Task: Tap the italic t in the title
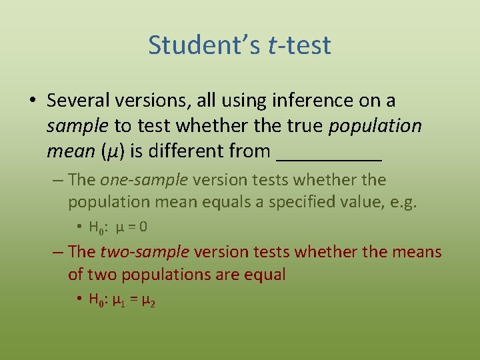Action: [272, 45]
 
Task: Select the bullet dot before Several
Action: [32, 101]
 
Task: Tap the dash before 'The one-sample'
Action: [57, 180]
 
